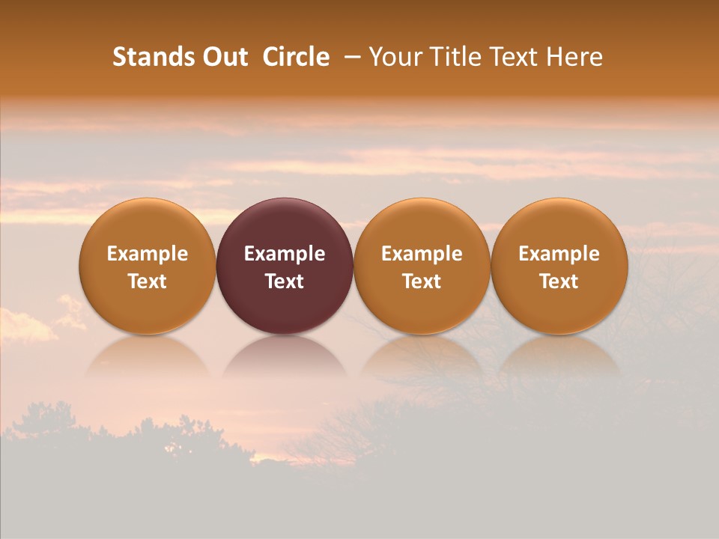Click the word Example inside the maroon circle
pyautogui.click(x=285, y=254)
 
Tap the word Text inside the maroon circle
pyautogui.click(x=285, y=281)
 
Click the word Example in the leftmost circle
pyautogui.click(x=148, y=254)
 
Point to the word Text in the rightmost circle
pyautogui.click(x=559, y=281)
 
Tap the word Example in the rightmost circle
pyautogui.click(x=559, y=254)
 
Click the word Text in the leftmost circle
pyautogui.click(x=148, y=281)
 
